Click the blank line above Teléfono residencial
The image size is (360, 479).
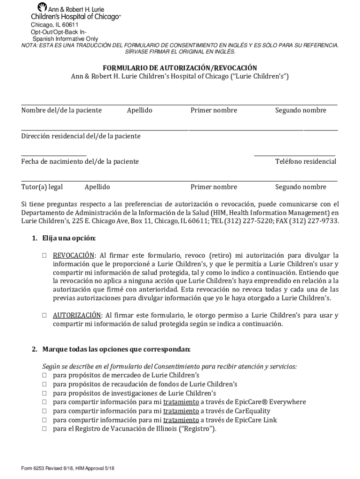[295, 155]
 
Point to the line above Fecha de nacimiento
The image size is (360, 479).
[54, 155]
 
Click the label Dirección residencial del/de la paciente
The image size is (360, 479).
[80, 136]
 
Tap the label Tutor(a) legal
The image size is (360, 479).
[42, 187]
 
